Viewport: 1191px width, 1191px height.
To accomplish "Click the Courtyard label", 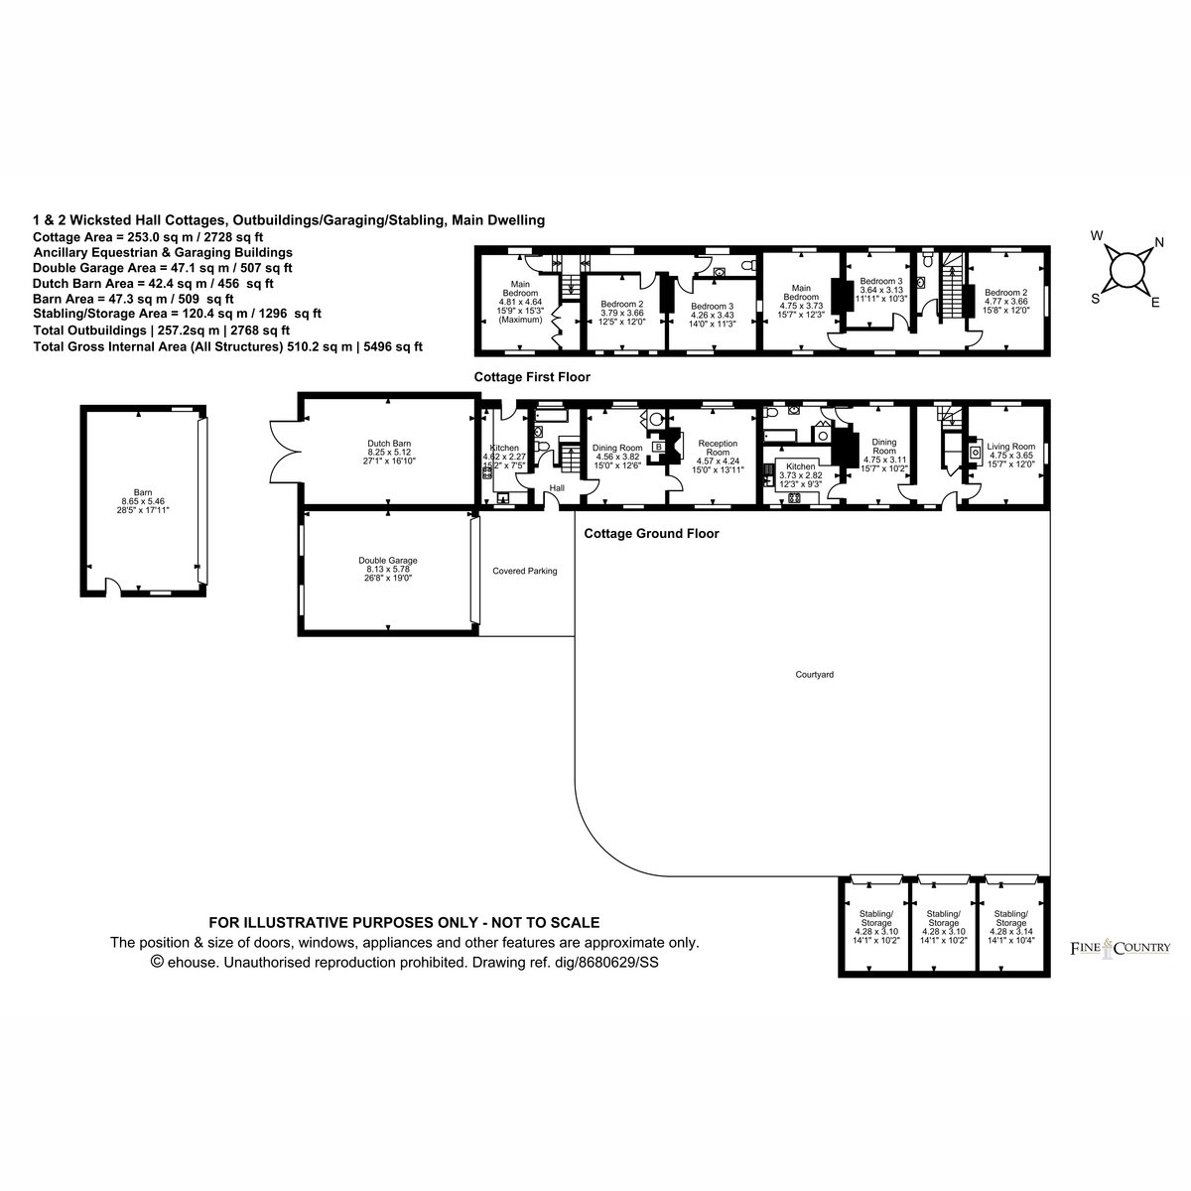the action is pyautogui.click(x=814, y=675).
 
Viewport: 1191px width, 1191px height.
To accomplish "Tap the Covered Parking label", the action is pyautogui.click(x=525, y=571).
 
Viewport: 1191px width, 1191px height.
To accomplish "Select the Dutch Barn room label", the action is pyautogui.click(x=389, y=453).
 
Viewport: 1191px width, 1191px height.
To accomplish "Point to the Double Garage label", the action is pyautogui.click(x=387, y=570).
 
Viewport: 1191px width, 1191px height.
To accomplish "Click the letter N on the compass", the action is pyautogui.click(x=1159, y=243).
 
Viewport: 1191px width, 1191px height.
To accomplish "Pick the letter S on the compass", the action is pyautogui.click(x=1095, y=299).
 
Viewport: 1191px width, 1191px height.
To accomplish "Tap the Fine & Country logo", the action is pyautogui.click(x=1120, y=948).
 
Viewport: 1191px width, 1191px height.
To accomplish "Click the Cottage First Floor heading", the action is pyautogui.click(x=532, y=377).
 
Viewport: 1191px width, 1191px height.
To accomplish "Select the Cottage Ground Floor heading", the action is pyautogui.click(x=651, y=533).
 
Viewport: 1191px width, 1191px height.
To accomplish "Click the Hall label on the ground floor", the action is pyautogui.click(x=557, y=488).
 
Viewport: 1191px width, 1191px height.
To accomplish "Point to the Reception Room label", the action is pyautogui.click(x=718, y=457).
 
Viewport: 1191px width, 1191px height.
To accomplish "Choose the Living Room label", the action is pyautogui.click(x=1010, y=456).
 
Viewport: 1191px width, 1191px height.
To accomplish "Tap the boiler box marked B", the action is pyautogui.click(x=659, y=447).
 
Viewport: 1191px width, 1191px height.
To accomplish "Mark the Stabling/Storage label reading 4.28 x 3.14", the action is pyautogui.click(x=1010, y=927).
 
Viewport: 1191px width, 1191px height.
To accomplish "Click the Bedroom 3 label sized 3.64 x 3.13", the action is pyautogui.click(x=881, y=289).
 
